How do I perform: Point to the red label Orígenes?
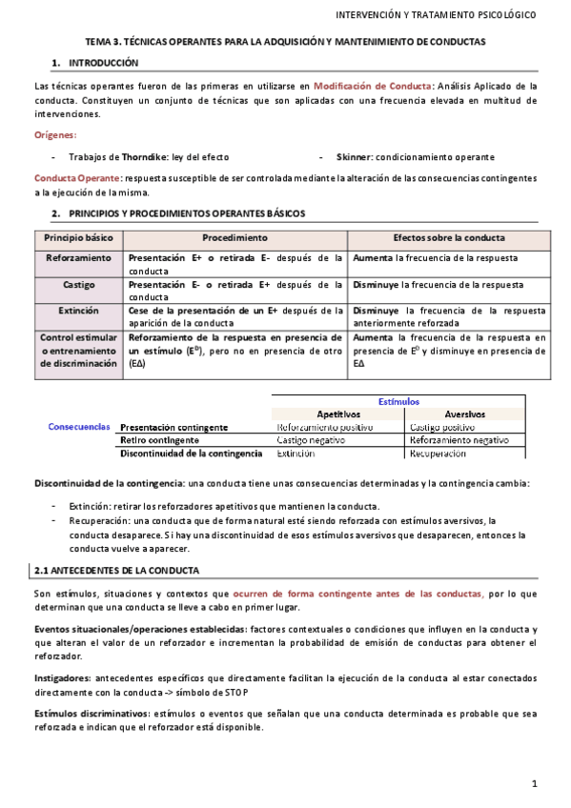(55, 135)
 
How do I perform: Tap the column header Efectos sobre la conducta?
(449, 237)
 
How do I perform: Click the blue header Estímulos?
(398, 401)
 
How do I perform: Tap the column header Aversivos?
(465, 414)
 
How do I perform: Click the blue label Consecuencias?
(79, 427)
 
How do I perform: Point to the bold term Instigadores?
(63, 677)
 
